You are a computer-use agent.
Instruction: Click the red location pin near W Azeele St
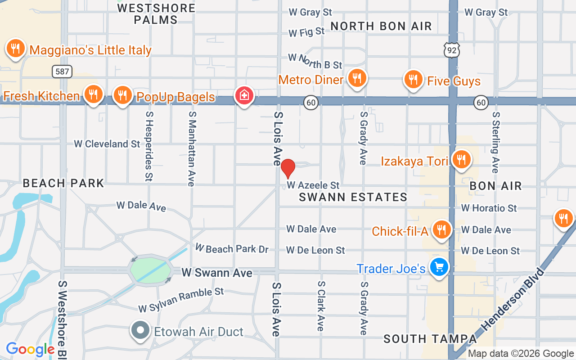pos(288,168)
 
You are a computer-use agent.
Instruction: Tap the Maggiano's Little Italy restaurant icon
pos(15,48)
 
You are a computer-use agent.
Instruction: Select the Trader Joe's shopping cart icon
pos(438,267)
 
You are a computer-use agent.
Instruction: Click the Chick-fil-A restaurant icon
pos(442,229)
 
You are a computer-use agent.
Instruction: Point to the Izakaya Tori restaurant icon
pos(461,159)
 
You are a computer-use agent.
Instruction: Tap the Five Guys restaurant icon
pos(413,80)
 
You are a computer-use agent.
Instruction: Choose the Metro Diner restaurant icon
pos(357,78)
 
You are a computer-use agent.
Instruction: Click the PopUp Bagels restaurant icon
pos(122,95)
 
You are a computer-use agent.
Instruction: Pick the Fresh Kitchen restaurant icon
pos(93,94)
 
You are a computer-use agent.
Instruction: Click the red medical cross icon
pos(244,95)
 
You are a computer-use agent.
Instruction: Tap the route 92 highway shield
pos(452,50)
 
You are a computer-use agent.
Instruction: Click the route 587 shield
pos(62,71)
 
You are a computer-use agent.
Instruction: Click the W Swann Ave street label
pos(216,273)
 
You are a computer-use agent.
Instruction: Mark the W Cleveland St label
pos(107,144)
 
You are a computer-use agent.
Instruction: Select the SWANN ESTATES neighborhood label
pos(353,197)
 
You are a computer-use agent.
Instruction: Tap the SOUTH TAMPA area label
pos(430,339)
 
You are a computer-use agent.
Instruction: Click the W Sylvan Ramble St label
pos(181,300)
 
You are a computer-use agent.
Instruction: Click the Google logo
pos(31,349)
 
